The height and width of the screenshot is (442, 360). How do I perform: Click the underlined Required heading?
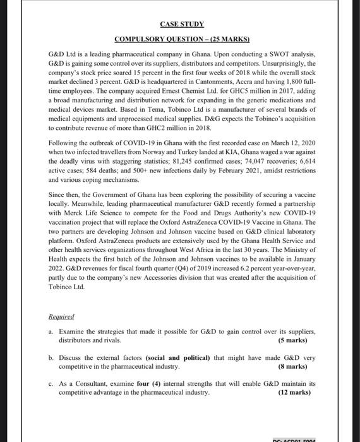61,317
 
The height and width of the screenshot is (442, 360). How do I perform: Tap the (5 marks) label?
293,340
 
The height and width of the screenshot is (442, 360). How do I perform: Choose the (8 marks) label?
293,366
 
